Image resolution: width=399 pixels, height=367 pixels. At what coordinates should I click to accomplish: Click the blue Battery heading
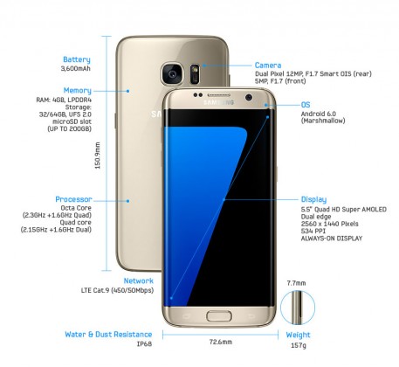(x=77, y=59)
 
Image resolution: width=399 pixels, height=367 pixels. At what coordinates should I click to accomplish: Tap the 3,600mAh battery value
(x=76, y=68)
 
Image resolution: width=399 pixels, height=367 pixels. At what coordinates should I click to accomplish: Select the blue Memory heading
(x=78, y=91)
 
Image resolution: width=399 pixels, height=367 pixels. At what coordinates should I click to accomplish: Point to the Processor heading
(x=73, y=199)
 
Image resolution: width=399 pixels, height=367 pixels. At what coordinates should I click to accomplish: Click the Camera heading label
(x=268, y=66)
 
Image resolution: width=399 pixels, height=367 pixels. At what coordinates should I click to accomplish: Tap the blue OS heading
(x=306, y=105)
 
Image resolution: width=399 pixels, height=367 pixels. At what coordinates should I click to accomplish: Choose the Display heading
(x=313, y=199)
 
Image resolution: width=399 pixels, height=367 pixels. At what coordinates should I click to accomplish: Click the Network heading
(x=139, y=280)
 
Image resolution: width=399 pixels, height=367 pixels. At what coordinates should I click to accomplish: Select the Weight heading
(x=298, y=335)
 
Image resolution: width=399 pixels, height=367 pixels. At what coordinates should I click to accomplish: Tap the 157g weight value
(x=299, y=345)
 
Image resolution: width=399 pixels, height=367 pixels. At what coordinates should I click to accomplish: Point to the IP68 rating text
(x=144, y=344)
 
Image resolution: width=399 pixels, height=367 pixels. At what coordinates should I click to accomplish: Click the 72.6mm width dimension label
(x=221, y=342)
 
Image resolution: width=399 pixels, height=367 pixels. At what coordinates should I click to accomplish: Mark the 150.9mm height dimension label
(x=98, y=156)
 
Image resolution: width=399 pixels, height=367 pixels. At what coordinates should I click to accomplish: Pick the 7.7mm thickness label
(x=296, y=283)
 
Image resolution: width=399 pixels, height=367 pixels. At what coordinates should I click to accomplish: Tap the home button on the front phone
(x=219, y=316)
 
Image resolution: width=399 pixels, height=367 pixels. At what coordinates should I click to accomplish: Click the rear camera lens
(x=172, y=73)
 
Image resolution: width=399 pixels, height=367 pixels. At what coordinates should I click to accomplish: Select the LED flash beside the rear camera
(x=195, y=70)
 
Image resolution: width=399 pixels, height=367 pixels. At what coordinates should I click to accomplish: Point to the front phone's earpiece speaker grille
(x=219, y=95)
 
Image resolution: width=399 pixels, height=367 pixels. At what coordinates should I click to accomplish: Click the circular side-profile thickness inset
(x=298, y=308)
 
